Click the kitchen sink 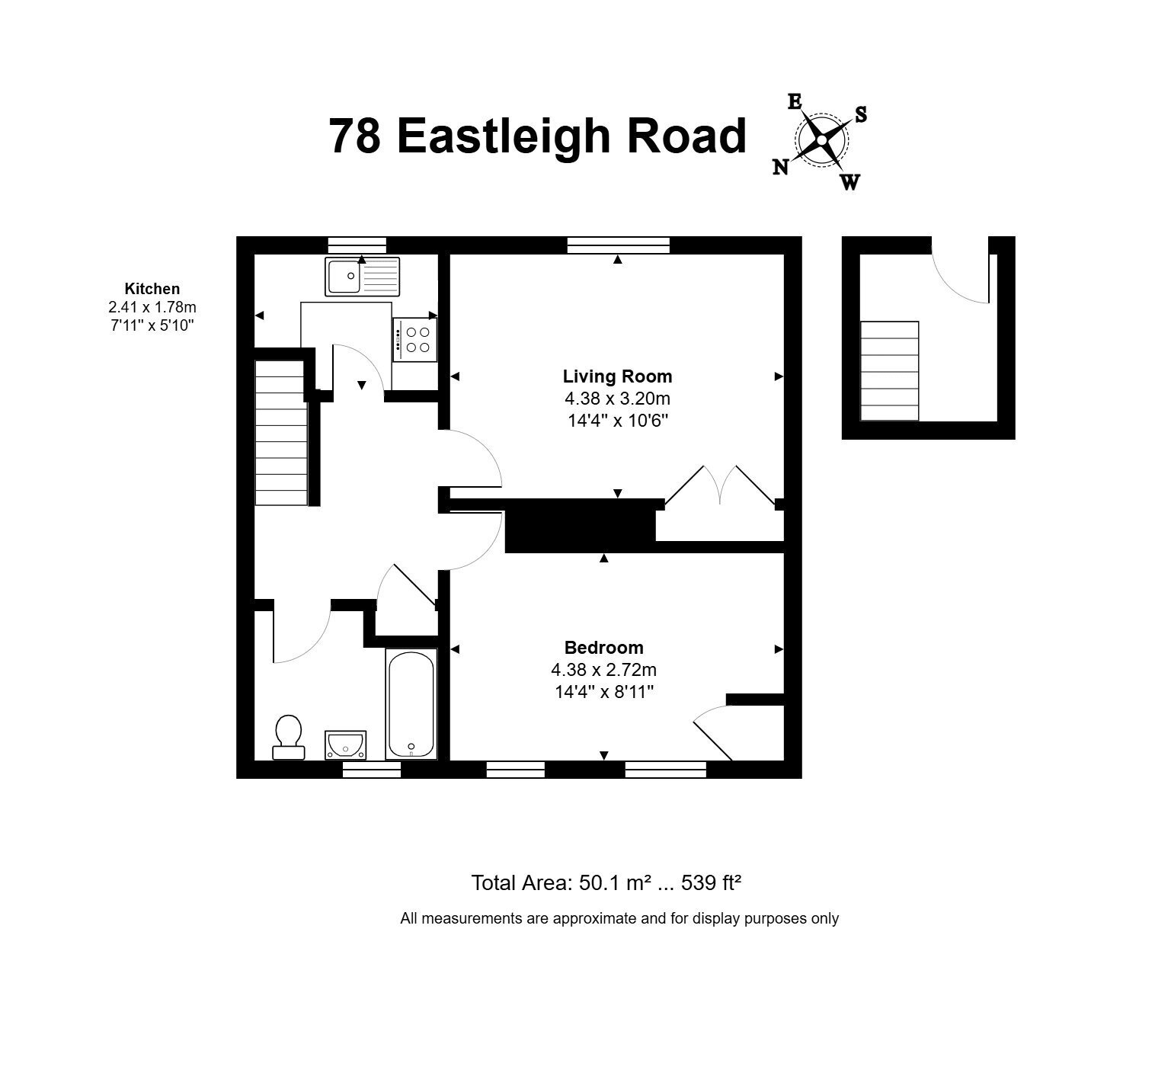click(362, 276)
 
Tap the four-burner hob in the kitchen click(414, 340)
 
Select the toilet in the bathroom click(289, 737)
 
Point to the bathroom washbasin click(345, 745)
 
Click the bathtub click(411, 703)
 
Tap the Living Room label click(617, 376)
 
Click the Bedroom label click(603, 647)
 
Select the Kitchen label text click(152, 289)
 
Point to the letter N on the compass click(780, 168)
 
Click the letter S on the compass click(861, 114)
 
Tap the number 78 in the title click(355, 136)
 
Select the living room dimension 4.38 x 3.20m click(617, 399)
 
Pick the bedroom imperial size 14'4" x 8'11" click(603, 692)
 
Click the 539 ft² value click(711, 882)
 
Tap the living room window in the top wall click(618, 245)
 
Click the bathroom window click(372, 770)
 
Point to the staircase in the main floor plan click(281, 432)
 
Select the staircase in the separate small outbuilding click(890, 370)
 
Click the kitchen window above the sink click(357, 245)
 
